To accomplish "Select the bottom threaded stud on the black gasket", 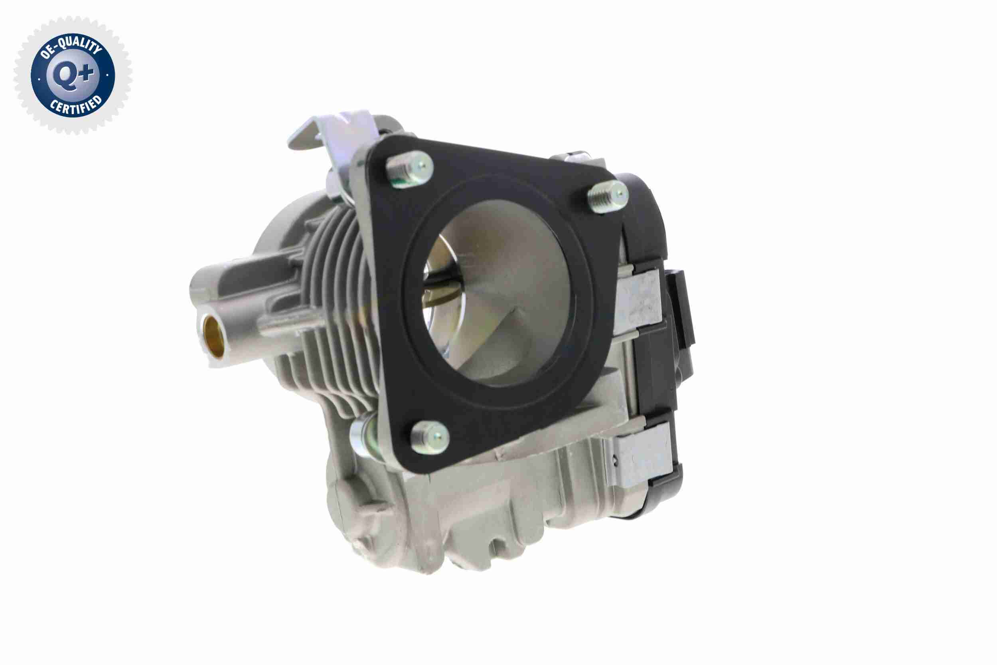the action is click(429, 437).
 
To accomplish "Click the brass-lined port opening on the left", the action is click(214, 336).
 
